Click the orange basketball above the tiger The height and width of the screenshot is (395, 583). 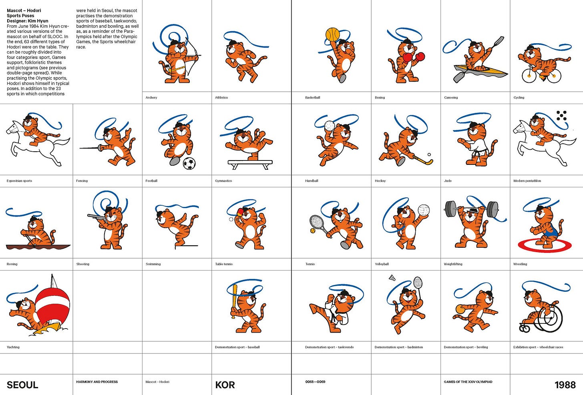(x=333, y=34)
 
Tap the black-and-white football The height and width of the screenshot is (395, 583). (x=189, y=163)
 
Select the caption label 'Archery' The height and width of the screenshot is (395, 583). (x=151, y=98)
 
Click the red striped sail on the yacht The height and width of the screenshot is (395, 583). (x=52, y=305)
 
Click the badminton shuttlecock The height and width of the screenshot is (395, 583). (x=392, y=278)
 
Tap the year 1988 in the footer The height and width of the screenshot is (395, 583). (x=565, y=385)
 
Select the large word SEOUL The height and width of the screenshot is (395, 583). (x=22, y=385)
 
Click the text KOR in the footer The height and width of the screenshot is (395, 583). (x=225, y=385)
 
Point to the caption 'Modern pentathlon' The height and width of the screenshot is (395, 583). (x=527, y=181)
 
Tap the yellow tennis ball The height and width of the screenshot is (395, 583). (x=312, y=231)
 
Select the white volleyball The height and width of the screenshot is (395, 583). (x=424, y=210)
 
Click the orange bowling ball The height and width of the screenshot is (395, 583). (x=460, y=309)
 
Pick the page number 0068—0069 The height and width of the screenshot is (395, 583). (x=315, y=382)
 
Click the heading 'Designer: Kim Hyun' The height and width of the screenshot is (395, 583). (x=28, y=21)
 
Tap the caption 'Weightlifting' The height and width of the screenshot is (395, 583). (x=453, y=264)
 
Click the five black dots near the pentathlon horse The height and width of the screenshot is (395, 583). (x=561, y=116)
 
